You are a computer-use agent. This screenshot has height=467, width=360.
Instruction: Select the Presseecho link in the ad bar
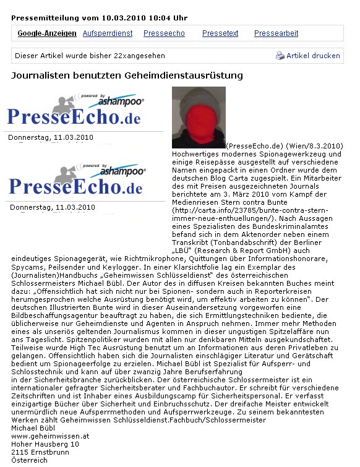pyautogui.click(x=163, y=33)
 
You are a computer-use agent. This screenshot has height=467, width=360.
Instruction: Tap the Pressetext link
pyautogui.click(x=220, y=33)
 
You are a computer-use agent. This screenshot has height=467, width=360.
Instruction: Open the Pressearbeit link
pyautogui.click(x=276, y=33)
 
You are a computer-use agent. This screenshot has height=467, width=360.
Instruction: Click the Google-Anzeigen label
pyautogui.click(x=47, y=33)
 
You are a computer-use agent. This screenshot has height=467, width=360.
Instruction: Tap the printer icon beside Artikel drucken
pyautogui.click(x=280, y=56)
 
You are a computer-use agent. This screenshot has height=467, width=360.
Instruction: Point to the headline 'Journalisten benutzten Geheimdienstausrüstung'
pyautogui.click(x=127, y=75)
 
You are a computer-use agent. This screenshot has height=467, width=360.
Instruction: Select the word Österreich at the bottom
pyautogui.click(x=29, y=460)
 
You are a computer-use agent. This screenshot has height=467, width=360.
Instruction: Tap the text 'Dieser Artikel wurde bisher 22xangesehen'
pyautogui.click(x=90, y=56)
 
